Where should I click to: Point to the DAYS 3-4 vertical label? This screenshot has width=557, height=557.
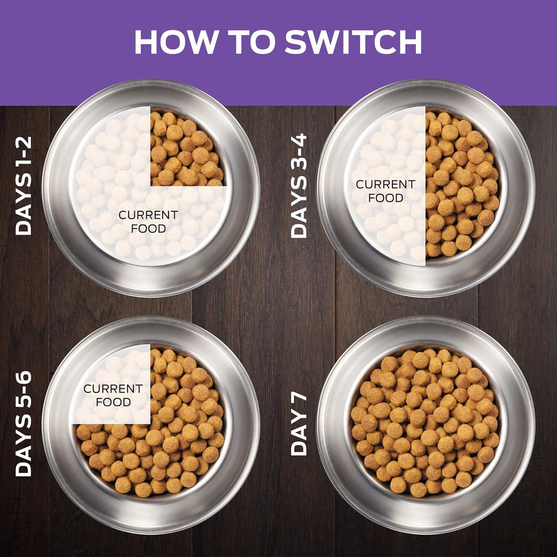(299, 186)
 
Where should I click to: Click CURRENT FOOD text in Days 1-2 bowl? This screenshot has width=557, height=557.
(148, 222)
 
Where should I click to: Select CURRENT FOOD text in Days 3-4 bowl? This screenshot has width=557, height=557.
(385, 191)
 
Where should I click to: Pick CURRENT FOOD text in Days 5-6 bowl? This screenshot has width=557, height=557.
(113, 395)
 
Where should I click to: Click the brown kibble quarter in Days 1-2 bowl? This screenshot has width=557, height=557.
(188, 147)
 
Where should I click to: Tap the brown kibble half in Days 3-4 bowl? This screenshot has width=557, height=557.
(462, 186)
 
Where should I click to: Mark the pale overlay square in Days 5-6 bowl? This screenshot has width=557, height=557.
(111, 384)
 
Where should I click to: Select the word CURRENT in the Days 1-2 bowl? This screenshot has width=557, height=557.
(148, 215)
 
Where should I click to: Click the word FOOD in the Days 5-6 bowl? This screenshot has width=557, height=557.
(113, 402)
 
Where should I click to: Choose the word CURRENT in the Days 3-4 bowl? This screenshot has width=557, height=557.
(385, 184)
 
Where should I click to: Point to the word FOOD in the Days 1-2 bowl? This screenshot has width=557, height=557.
(148, 228)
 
